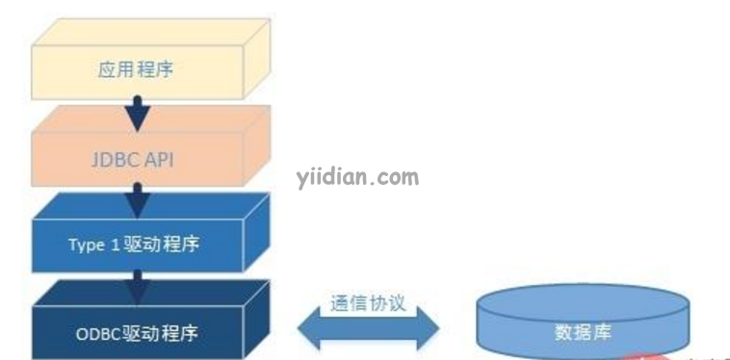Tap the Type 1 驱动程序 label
point(134,244)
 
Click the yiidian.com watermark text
point(356,177)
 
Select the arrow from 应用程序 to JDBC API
point(141,113)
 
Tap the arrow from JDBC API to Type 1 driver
point(141,200)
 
